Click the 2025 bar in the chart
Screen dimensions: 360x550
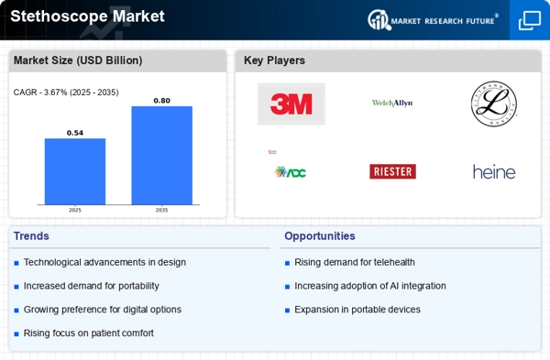tap(75, 171)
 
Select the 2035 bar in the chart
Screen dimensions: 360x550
tap(161, 155)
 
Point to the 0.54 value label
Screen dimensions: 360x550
tap(75, 133)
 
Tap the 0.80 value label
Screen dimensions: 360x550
tap(161, 100)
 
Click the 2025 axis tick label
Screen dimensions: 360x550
tap(75, 210)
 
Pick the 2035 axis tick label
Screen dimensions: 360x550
tap(161, 210)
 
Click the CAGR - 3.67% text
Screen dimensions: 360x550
tap(66, 92)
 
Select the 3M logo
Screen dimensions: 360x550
tap(291, 104)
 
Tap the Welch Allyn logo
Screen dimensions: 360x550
tap(392, 104)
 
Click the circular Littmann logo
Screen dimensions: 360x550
tap(494, 104)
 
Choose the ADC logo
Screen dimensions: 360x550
tap(290, 171)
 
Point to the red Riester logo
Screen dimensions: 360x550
tap(392, 171)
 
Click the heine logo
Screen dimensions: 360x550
tap(494, 171)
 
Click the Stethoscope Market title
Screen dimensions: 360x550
tap(87, 16)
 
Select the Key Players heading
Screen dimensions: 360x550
tap(274, 60)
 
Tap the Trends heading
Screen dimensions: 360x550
tap(32, 236)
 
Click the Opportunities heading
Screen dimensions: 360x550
tap(319, 236)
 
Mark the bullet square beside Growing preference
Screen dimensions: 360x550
tap(16, 311)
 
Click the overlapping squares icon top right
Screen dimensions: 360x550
tap(530, 20)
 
